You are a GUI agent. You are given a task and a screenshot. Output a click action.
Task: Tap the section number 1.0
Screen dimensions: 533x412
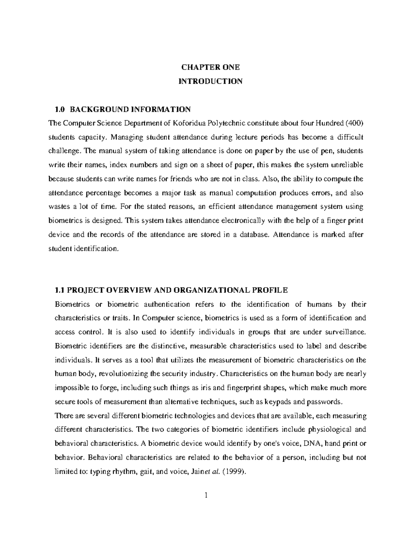click(x=60, y=109)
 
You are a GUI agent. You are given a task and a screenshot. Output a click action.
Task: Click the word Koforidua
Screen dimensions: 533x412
click(x=190, y=123)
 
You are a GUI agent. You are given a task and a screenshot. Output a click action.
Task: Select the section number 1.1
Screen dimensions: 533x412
click(x=60, y=290)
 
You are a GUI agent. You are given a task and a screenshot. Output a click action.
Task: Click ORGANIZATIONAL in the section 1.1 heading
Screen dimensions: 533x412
click(x=212, y=290)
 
